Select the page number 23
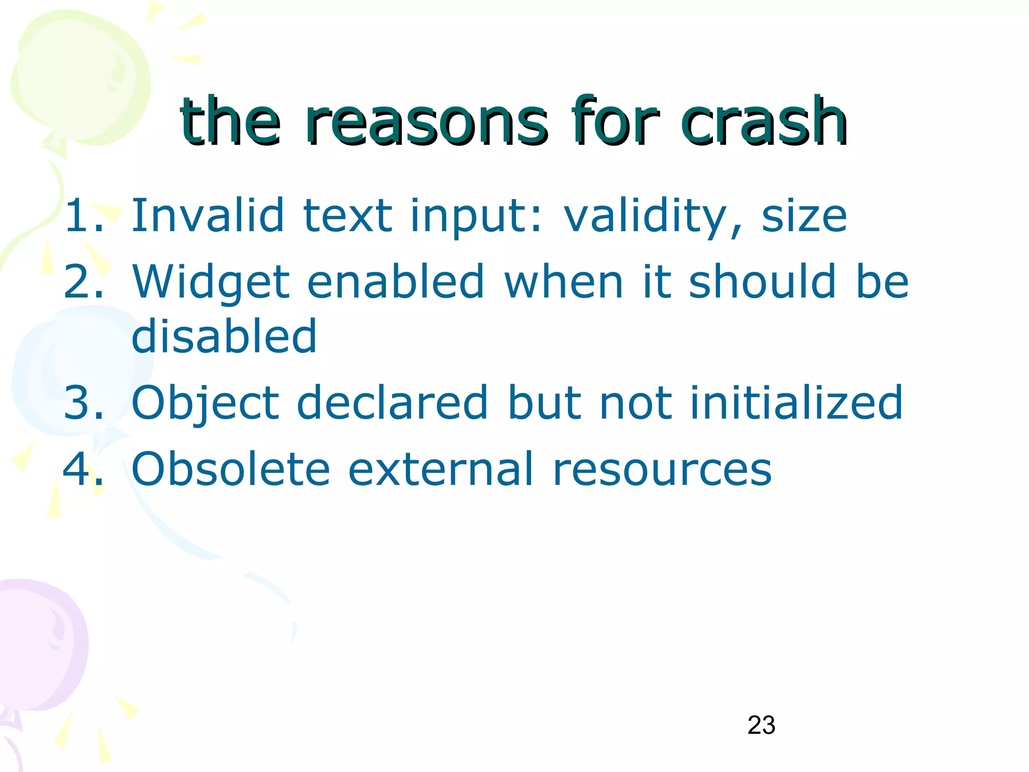[761, 725]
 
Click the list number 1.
[83, 216]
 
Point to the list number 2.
[83, 282]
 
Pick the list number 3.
[83, 403]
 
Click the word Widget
[211, 282]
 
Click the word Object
[205, 403]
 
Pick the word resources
[662, 470]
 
